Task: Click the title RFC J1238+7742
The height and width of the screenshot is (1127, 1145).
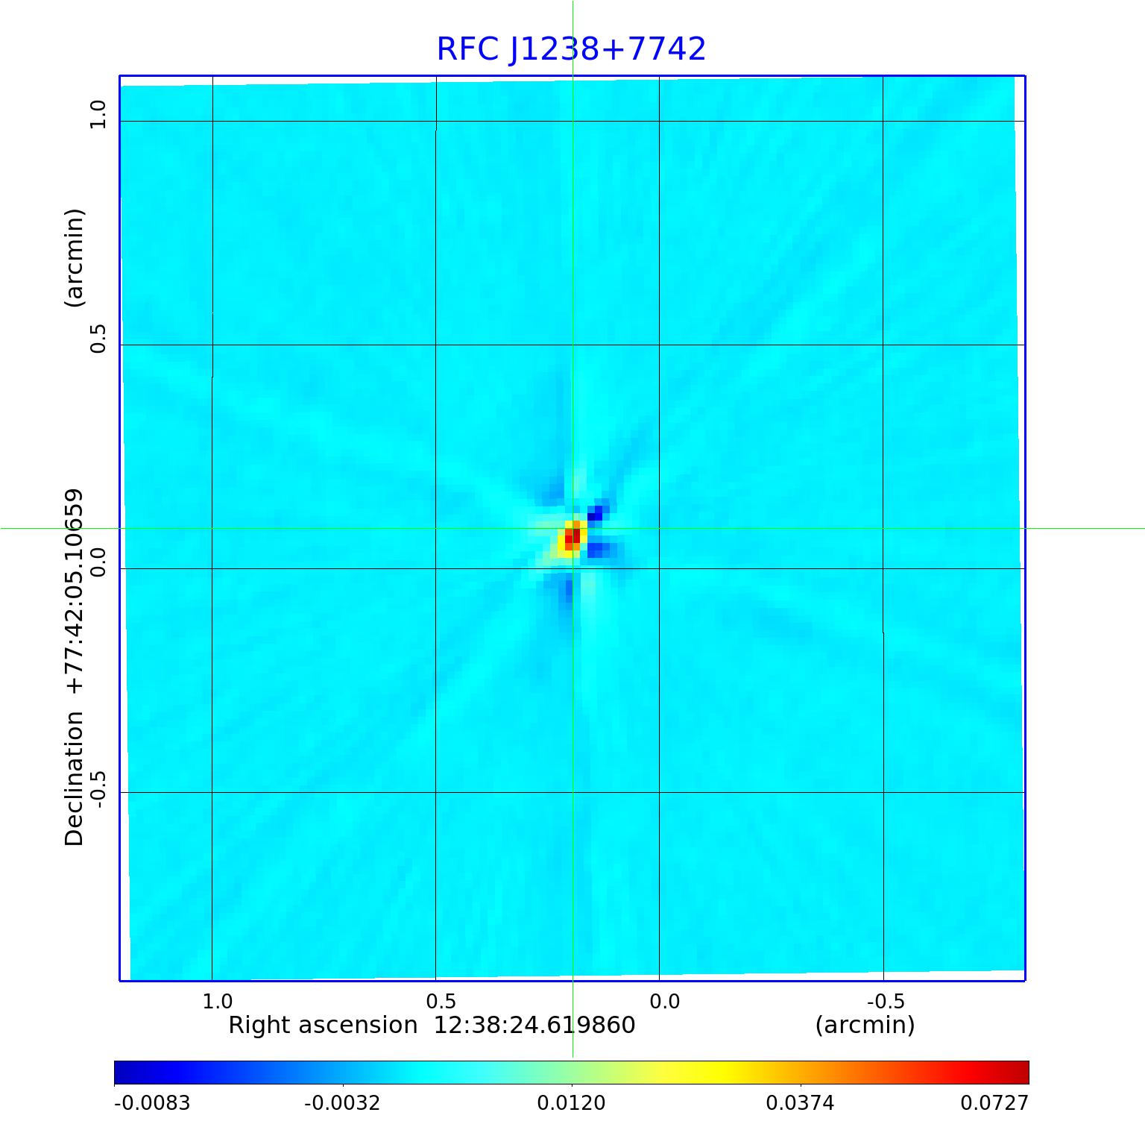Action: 571,49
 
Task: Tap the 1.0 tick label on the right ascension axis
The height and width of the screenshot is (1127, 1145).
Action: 218,1001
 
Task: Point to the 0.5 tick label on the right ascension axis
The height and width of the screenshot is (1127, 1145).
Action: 441,1001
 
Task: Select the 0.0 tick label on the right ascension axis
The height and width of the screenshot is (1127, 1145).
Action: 664,1001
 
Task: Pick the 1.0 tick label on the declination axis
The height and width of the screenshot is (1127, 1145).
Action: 98,115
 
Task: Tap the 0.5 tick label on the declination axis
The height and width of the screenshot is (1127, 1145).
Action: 98,339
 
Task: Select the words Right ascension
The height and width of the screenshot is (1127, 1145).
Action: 323,1026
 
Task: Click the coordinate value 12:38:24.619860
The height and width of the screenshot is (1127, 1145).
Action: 534,1026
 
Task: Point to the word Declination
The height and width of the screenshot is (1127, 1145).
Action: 75,778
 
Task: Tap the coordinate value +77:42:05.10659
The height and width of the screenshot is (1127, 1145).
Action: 75,591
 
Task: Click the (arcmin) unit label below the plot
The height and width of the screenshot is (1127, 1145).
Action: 865,1026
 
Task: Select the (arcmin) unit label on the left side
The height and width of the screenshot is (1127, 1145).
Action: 75,257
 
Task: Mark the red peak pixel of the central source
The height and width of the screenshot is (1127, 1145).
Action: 575,536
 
